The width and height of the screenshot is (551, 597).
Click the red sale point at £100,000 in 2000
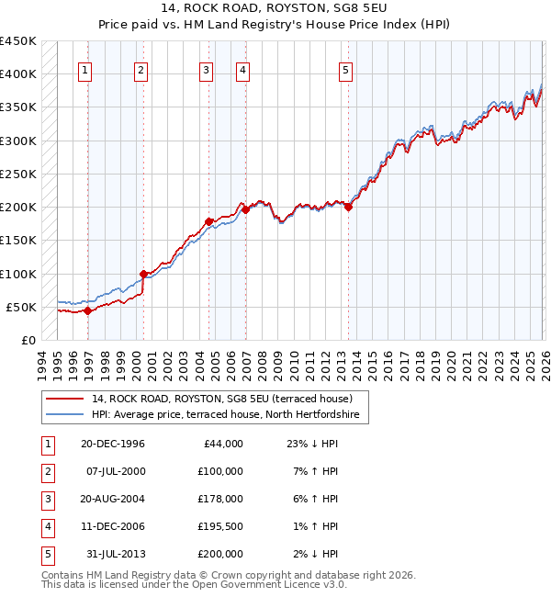(x=144, y=274)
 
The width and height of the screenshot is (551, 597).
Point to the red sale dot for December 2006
(x=246, y=210)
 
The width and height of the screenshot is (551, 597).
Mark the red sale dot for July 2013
(x=349, y=208)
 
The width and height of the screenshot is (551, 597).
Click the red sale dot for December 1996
(x=87, y=310)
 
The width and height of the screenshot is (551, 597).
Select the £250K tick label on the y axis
(x=18, y=174)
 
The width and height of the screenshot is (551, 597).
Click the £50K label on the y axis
(x=22, y=307)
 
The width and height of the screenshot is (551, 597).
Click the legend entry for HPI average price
(x=229, y=415)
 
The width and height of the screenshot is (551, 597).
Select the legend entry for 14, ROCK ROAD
(x=229, y=399)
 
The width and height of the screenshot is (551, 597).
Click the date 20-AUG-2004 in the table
(x=112, y=499)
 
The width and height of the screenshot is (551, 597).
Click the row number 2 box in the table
(x=47, y=471)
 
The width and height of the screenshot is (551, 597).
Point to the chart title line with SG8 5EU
(x=275, y=16)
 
